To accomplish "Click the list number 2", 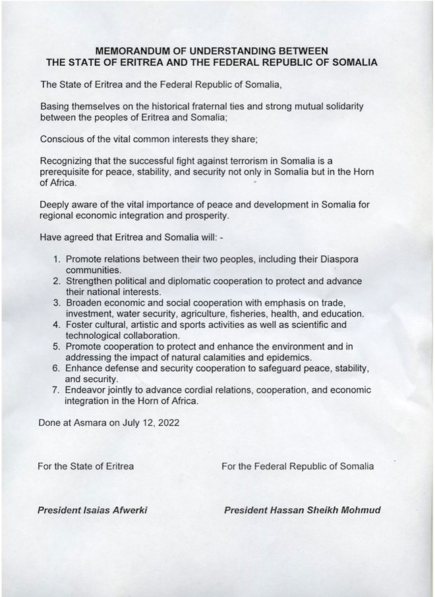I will (57, 281).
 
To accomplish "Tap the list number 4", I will (57, 324).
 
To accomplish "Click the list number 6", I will (57, 368).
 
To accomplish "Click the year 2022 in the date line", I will (166, 423).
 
